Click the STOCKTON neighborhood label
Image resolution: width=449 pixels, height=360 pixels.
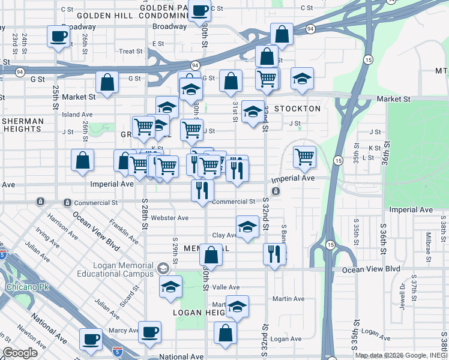tap(297, 109)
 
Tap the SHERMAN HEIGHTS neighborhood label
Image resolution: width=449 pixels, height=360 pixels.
tap(23, 125)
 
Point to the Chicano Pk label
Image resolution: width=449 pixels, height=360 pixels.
tap(23, 287)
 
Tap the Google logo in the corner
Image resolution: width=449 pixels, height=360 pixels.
tap(20, 353)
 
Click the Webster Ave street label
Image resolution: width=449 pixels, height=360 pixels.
tap(170, 218)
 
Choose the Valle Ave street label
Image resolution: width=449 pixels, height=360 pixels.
tap(226, 287)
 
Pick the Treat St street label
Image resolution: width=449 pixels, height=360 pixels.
tap(130, 52)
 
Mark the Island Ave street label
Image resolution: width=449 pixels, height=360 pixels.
tap(77, 114)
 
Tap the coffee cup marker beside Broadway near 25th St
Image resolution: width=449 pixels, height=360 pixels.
tap(59, 37)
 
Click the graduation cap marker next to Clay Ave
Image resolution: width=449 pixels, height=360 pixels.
tap(247, 227)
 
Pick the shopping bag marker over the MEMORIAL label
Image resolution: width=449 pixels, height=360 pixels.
tap(211, 254)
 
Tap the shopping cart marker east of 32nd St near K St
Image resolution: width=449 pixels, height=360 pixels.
tap(305, 157)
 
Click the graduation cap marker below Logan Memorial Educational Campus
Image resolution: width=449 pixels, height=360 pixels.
tap(171, 286)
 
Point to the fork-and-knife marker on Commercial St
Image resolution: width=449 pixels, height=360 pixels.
tap(202, 190)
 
